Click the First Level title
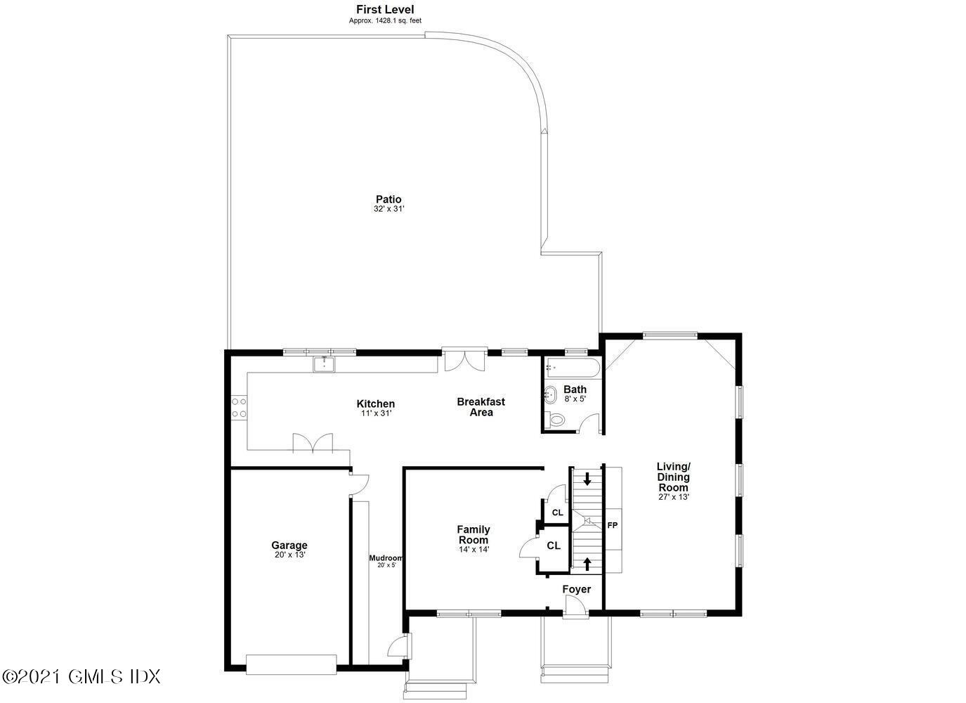coord(384,10)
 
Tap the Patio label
coord(389,200)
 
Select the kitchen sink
coord(324,364)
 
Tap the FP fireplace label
coord(612,525)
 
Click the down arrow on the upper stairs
coord(587,479)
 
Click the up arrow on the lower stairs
coord(587,562)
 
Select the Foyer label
coord(576,589)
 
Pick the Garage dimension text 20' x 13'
coord(289,555)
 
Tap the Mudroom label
coord(386,558)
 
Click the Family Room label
coord(474,534)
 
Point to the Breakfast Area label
coord(481,407)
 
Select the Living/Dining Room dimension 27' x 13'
coord(673,497)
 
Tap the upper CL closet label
coord(557,512)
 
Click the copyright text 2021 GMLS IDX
coord(81,676)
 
